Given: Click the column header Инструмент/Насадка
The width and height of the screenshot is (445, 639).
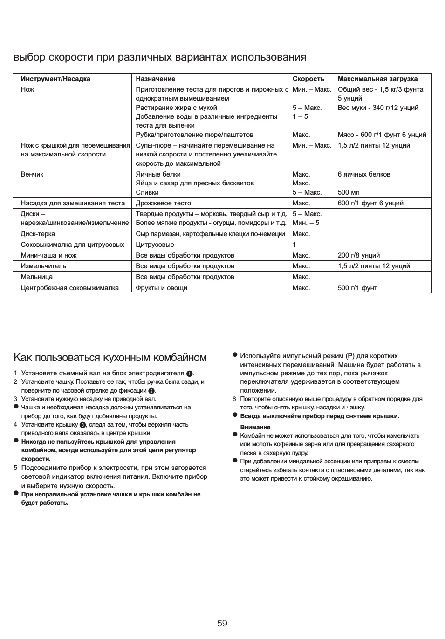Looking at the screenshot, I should (x=55, y=79).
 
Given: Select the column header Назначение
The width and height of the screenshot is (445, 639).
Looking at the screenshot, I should (x=155, y=79).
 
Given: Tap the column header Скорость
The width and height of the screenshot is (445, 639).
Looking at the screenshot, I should (x=308, y=79).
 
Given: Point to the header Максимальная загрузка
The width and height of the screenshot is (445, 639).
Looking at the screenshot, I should (x=377, y=79).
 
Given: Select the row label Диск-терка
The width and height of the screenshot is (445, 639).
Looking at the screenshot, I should (x=38, y=234).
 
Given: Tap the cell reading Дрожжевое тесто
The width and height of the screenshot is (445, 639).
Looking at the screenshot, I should (x=163, y=203).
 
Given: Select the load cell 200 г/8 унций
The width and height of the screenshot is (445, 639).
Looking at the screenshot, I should (x=358, y=255).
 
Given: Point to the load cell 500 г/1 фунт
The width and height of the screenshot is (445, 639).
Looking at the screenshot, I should (x=357, y=288).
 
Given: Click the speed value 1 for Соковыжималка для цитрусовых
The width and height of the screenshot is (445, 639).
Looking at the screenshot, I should (x=294, y=245).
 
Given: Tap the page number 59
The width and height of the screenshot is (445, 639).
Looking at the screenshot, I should (x=222, y=623).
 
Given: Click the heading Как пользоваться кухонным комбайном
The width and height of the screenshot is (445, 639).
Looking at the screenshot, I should (x=110, y=357).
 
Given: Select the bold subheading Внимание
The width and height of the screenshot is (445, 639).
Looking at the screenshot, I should (x=255, y=427).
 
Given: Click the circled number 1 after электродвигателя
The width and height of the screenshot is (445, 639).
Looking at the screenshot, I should (x=189, y=374).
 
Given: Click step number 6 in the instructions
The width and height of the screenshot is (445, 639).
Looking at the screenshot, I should (x=234, y=399).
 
